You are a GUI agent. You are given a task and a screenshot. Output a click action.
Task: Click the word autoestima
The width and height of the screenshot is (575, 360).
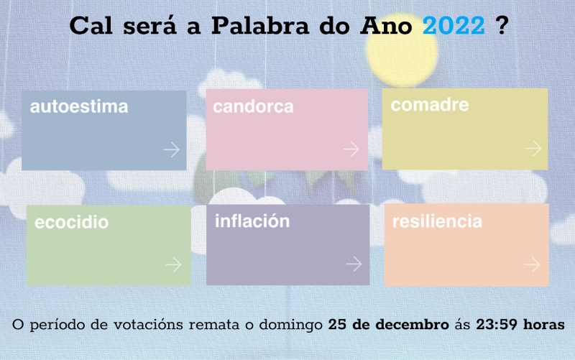[x=79, y=106]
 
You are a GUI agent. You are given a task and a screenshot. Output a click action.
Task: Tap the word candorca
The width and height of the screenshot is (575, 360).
[x=254, y=106]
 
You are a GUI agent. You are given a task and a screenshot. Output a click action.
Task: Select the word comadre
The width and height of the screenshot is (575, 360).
[x=430, y=105]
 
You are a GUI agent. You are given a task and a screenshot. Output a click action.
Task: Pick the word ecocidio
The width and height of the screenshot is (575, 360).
[x=71, y=222]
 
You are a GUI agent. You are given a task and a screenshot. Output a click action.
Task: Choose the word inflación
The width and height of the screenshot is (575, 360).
[x=252, y=221]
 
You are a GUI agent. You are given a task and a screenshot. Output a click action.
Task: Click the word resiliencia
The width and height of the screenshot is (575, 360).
[x=437, y=221]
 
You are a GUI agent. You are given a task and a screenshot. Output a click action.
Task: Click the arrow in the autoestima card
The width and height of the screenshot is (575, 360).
[x=171, y=149]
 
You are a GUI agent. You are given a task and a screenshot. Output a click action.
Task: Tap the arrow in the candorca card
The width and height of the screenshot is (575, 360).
[x=351, y=149]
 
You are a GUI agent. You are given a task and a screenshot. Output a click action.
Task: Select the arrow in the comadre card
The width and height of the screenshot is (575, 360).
[x=533, y=149]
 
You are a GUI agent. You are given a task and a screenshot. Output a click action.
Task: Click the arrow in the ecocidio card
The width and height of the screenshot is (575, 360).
[x=173, y=264]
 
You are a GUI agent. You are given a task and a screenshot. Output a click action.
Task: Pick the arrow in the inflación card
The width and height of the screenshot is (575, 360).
[x=354, y=264]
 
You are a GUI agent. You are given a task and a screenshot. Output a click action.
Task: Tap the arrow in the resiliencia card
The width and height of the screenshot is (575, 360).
[x=532, y=264]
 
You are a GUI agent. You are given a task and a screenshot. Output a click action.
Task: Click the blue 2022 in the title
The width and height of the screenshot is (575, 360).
[x=454, y=26]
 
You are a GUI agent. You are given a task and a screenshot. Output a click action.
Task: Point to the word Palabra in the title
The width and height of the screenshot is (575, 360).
[x=260, y=26]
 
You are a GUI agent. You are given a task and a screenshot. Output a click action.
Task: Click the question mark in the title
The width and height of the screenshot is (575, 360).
[x=501, y=25]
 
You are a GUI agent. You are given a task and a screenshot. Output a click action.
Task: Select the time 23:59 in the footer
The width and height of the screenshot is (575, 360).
[x=497, y=325]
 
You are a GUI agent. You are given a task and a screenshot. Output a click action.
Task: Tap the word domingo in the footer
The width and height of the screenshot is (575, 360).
[x=291, y=326]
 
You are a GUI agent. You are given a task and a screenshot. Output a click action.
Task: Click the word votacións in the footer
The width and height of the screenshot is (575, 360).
[x=148, y=325]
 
